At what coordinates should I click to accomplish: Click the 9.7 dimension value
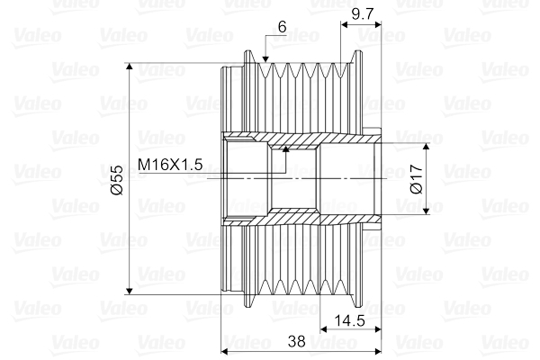(363, 14)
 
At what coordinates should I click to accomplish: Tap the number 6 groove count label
(282, 27)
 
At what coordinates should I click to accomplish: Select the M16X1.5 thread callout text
(170, 165)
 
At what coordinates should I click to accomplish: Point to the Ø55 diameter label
(117, 180)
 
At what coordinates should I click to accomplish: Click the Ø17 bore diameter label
(417, 179)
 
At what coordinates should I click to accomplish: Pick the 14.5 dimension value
(350, 321)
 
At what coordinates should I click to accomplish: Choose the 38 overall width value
(296, 341)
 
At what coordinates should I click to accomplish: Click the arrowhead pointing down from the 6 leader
(265, 59)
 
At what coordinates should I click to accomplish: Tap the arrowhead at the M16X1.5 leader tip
(285, 148)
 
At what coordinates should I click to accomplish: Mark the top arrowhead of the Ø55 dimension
(130, 67)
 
